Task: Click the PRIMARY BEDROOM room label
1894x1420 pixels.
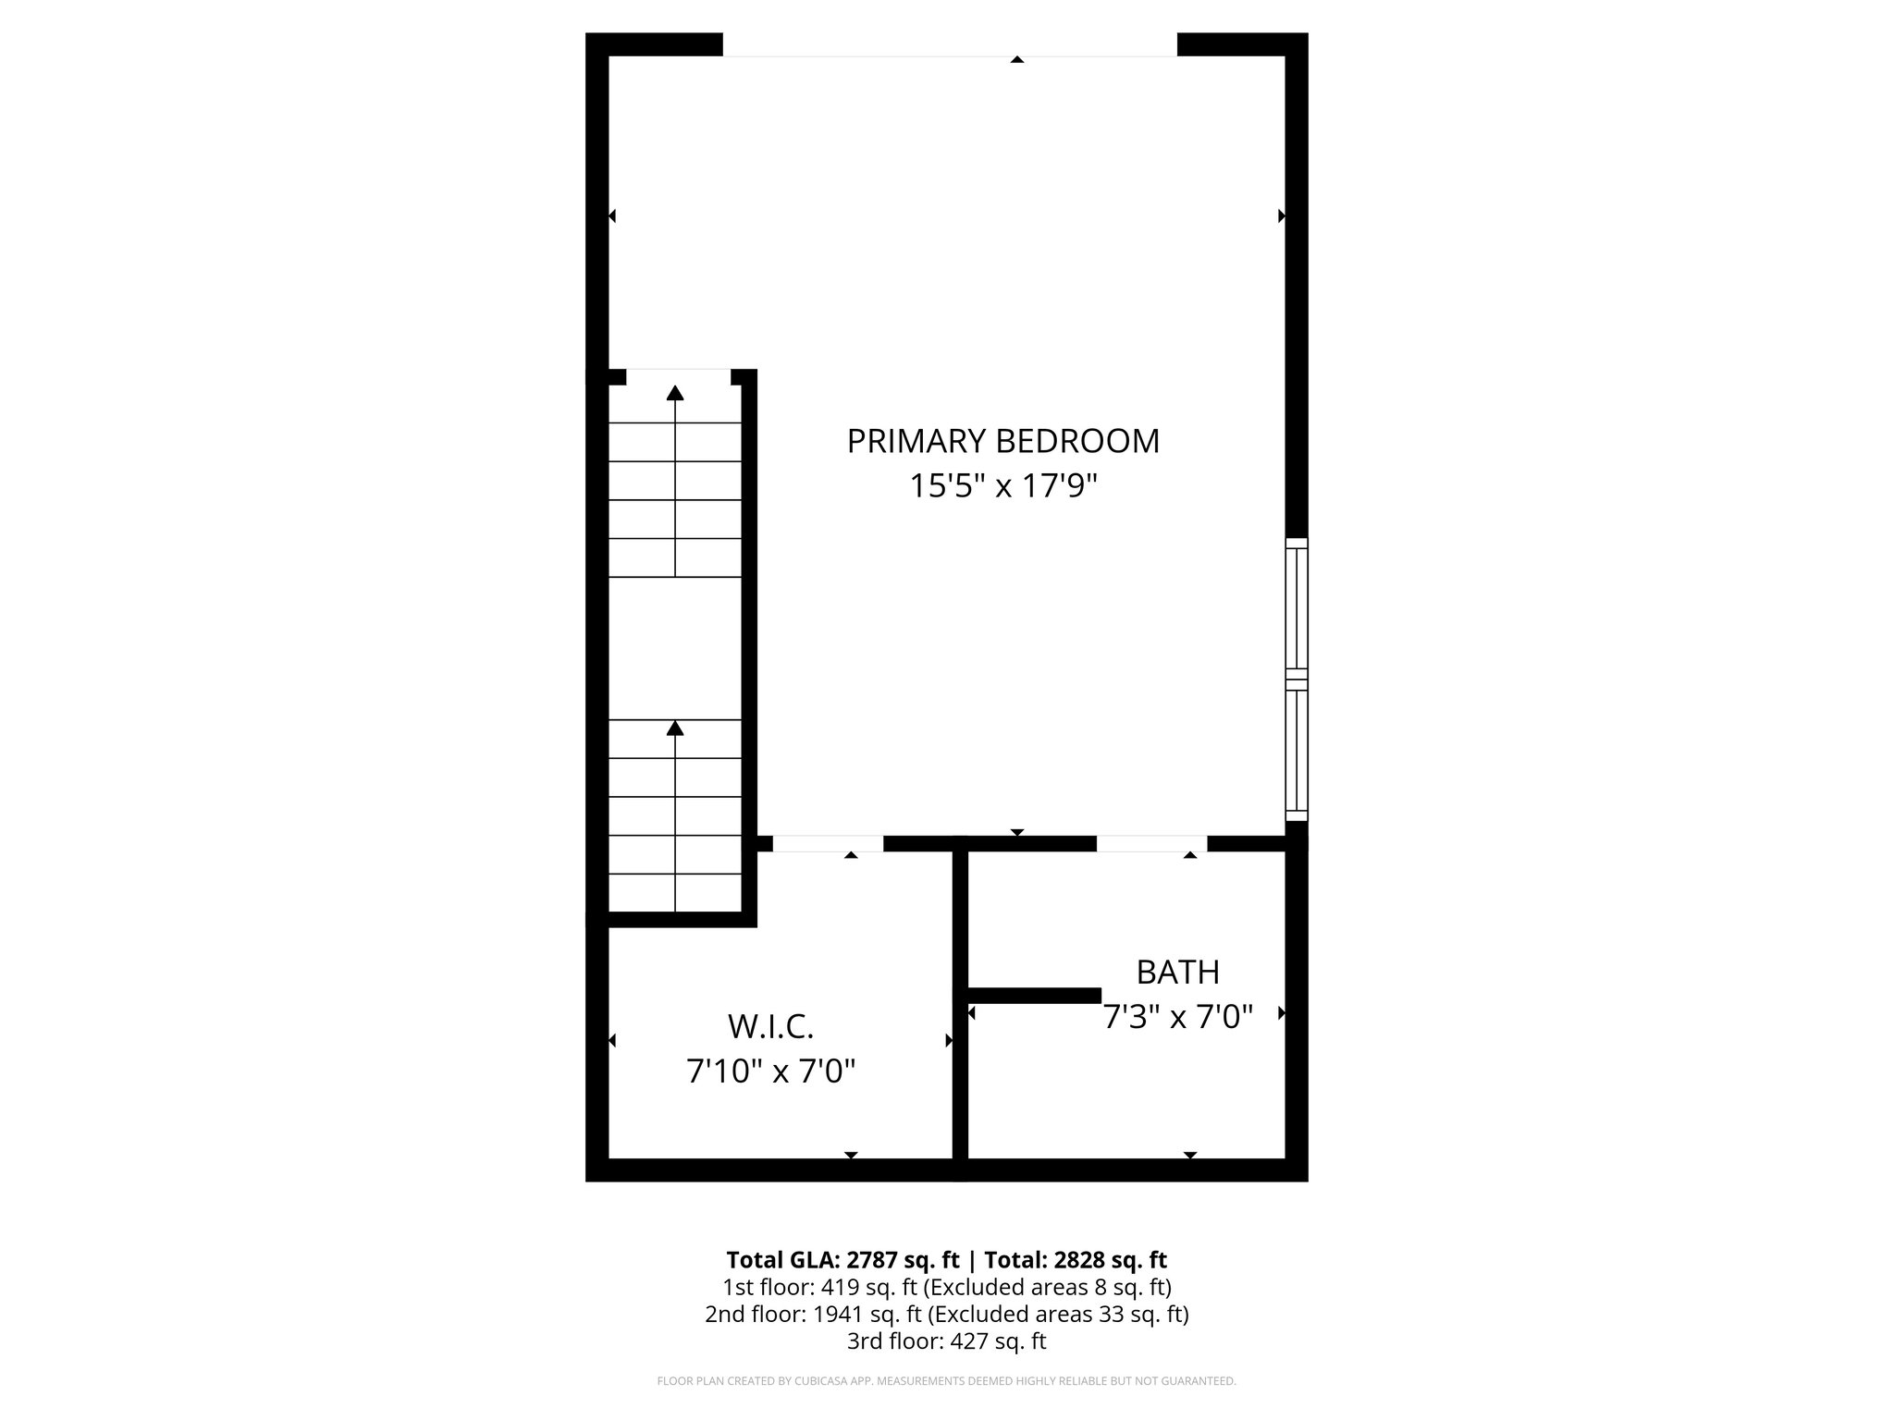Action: click(1002, 441)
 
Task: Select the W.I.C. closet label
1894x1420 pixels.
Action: click(770, 1026)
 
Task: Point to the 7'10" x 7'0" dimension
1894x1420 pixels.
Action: click(770, 1071)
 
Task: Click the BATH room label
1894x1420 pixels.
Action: click(1177, 973)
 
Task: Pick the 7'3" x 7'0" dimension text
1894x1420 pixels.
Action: click(1177, 1018)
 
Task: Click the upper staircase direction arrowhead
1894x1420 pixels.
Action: click(675, 393)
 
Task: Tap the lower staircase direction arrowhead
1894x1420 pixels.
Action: click(675, 728)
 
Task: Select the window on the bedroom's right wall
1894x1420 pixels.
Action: click(1297, 679)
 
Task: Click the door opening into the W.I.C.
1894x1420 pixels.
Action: click(828, 843)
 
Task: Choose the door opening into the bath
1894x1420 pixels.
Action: click(1151, 843)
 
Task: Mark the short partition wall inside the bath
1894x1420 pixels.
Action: click(1033, 995)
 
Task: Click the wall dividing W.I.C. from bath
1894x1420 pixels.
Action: click(960, 1008)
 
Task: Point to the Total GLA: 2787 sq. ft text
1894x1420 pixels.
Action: click(844, 1260)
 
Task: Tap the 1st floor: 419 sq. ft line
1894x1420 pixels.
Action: click(946, 1287)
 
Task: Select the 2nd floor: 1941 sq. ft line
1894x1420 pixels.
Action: click(946, 1314)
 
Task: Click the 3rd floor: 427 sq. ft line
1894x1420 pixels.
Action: click(946, 1340)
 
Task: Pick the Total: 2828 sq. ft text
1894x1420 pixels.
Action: click(1076, 1260)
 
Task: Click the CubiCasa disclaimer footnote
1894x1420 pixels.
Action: click(946, 1381)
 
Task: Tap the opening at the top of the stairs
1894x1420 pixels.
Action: click(678, 376)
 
